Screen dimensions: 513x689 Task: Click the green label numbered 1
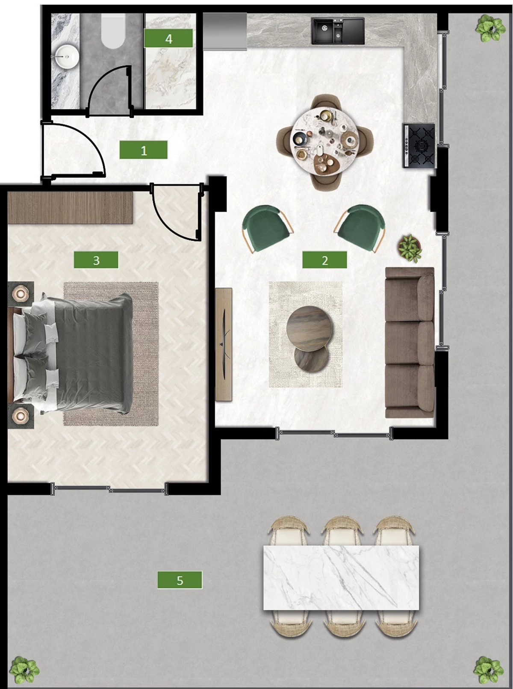[x=144, y=150]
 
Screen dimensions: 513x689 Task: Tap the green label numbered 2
[x=324, y=260]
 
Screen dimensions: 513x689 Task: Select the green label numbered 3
[x=96, y=260]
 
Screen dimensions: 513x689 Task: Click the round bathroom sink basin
[x=66, y=56]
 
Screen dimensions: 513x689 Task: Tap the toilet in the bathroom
[x=113, y=31]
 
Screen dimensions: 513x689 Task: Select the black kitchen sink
[x=338, y=31]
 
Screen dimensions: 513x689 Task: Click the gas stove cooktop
[x=419, y=146]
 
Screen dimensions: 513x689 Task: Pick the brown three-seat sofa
[x=410, y=342]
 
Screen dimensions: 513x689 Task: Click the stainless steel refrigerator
[x=225, y=31]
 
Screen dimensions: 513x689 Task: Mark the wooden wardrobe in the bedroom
[x=70, y=207]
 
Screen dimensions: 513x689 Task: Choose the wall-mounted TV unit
[x=224, y=344]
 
